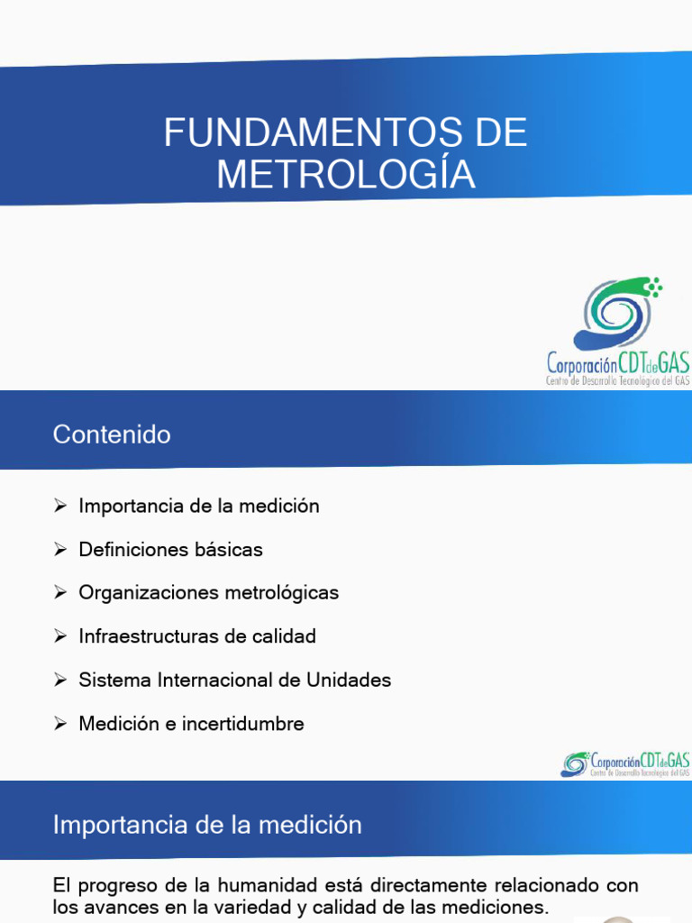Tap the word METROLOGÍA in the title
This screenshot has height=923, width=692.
346,174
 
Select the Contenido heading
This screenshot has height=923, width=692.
112,434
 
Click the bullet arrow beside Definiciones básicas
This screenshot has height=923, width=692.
60,549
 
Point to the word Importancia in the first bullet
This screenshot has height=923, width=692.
131,506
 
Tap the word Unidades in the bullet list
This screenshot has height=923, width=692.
348,680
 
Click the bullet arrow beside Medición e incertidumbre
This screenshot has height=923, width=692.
60,723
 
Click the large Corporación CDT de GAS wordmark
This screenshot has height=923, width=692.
618,364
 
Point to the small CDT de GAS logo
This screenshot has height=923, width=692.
625,764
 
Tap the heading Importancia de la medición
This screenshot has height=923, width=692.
207,825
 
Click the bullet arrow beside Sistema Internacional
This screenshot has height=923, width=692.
60,680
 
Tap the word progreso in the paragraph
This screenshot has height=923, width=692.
114,886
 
